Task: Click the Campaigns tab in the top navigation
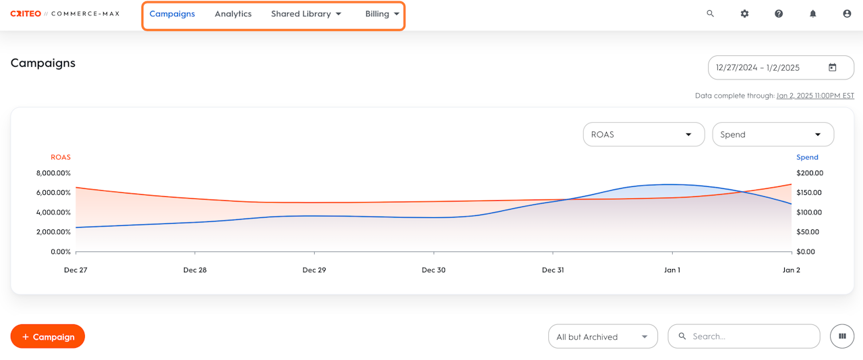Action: tap(172, 14)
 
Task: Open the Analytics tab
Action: tap(233, 14)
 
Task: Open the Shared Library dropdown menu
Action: tap(306, 14)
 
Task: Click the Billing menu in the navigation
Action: tap(382, 14)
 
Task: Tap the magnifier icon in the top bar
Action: tap(710, 13)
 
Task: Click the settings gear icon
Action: tap(744, 13)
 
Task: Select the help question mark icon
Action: tap(779, 13)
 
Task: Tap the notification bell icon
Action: tap(813, 13)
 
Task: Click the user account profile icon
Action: tap(847, 13)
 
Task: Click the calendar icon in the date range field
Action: tap(833, 67)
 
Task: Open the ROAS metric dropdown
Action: tap(643, 134)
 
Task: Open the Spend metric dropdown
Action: tap(773, 134)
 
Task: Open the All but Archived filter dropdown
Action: tap(603, 336)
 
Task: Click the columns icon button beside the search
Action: tap(842, 336)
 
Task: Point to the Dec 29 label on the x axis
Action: tap(314, 270)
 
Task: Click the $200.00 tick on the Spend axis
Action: tap(809, 173)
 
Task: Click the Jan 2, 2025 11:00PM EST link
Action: tap(815, 96)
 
